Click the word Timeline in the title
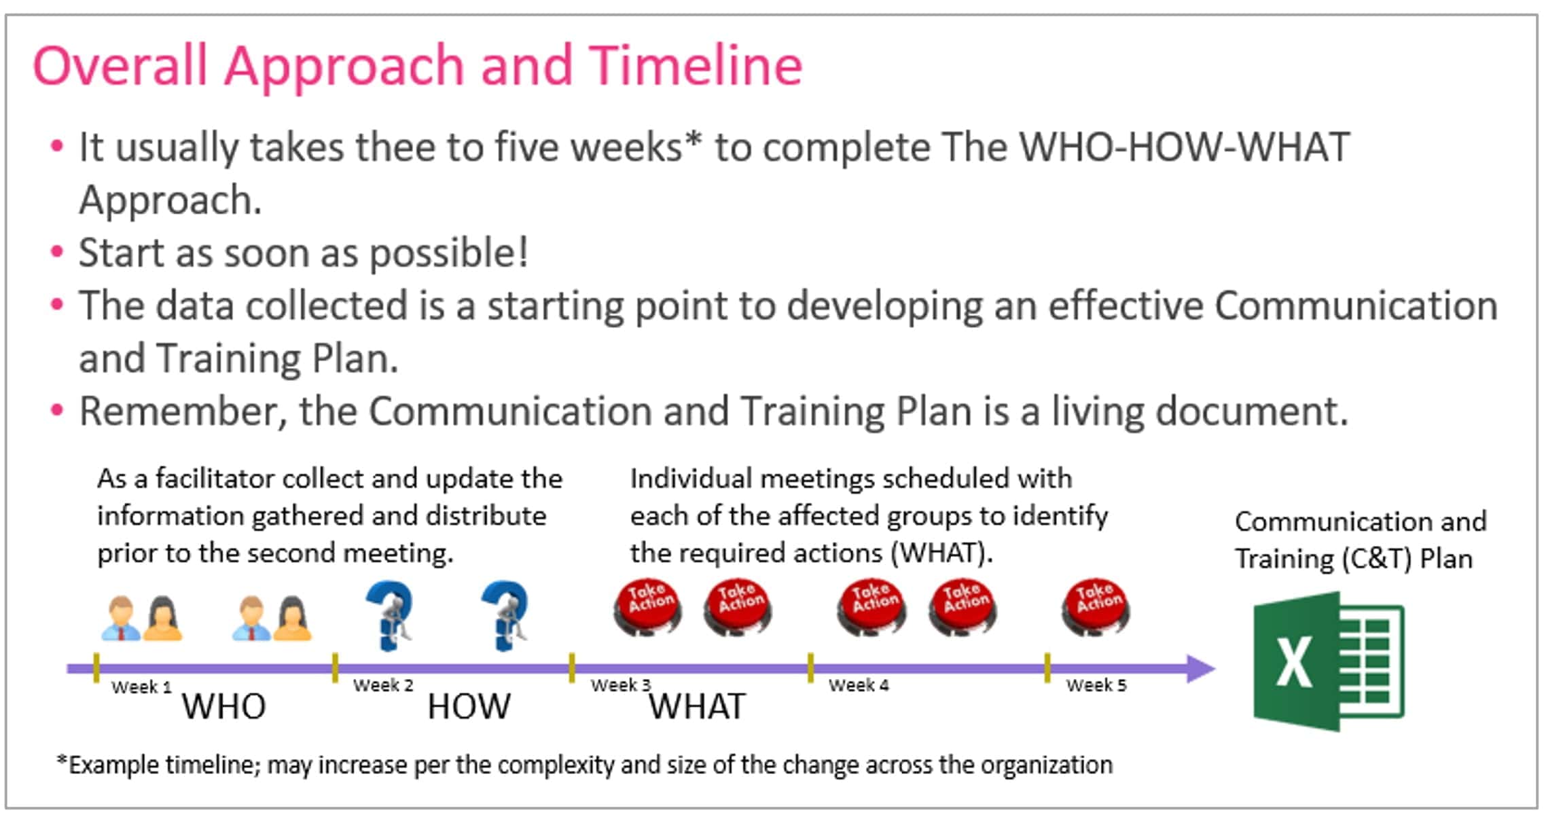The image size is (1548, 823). point(695,65)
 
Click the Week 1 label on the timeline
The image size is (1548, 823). point(141,687)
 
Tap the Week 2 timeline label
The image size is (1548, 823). point(383,685)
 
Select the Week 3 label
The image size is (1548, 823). point(620,685)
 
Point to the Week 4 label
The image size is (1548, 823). point(859,685)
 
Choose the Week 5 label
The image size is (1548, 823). point(1096,685)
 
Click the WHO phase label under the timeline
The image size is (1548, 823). point(223,706)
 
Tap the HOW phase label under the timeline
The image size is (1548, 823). point(469,706)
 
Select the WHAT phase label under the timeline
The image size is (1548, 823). point(698,706)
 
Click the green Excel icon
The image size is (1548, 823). point(1328,661)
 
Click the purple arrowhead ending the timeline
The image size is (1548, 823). point(1200,669)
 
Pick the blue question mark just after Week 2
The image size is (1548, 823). point(390,615)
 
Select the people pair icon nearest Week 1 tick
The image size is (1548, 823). point(142,618)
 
